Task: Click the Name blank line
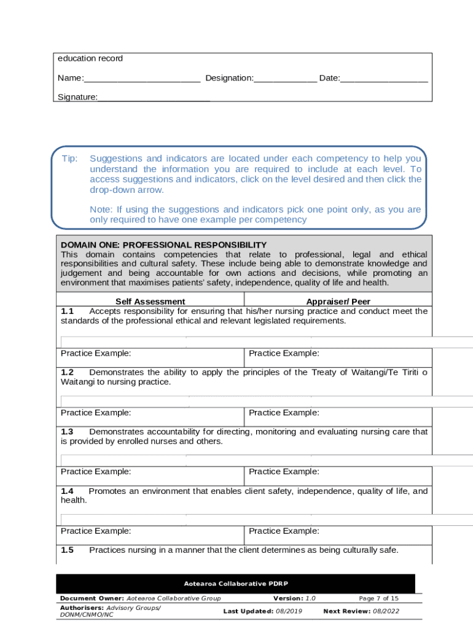(x=142, y=79)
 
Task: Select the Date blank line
(x=384, y=79)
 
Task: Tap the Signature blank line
(x=154, y=98)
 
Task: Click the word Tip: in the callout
(x=69, y=159)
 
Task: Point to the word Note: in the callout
(x=101, y=209)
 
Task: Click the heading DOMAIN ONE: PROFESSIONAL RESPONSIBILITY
(x=163, y=245)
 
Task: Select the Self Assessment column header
(x=150, y=302)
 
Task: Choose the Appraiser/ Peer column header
(x=338, y=302)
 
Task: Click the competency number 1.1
(x=67, y=311)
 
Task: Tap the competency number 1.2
(x=67, y=372)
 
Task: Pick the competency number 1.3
(x=67, y=432)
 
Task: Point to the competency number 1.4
(x=67, y=491)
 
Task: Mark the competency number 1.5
(x=67, y=550)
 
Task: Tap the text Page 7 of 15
(x=378, y=598)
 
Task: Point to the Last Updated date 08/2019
(x=289, y=611)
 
